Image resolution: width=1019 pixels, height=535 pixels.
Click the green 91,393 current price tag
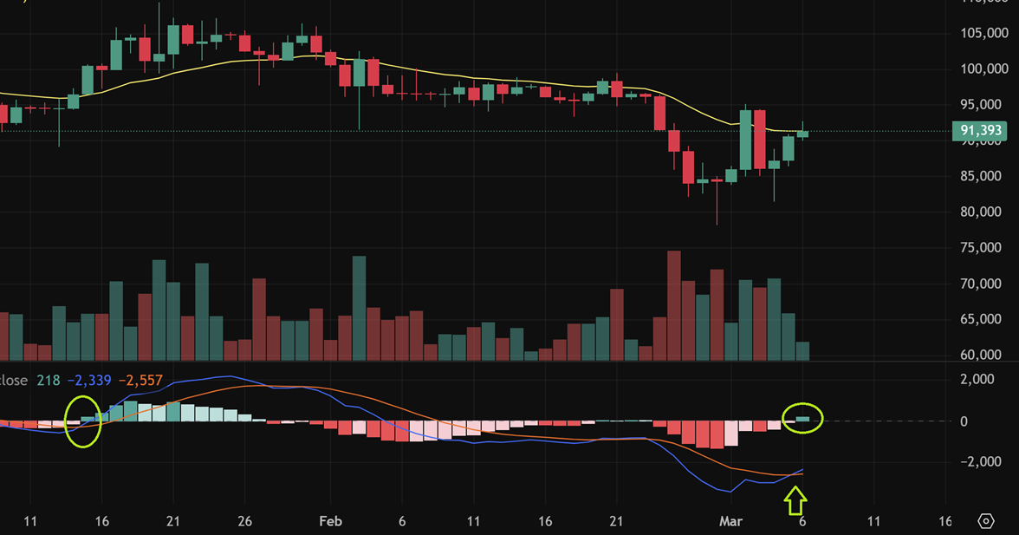(982, 132)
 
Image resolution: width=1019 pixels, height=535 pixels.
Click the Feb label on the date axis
(330, 521)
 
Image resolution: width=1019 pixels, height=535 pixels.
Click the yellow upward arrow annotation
(795, 501)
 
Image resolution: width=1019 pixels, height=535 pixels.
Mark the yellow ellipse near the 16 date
(84, 421)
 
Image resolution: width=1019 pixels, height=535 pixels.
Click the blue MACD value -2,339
(89, 381)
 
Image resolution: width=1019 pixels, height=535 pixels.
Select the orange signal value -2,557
(140, 381)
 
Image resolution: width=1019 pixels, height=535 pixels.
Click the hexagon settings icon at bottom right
(986, 521)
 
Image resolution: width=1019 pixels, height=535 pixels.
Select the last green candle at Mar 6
(802, 134)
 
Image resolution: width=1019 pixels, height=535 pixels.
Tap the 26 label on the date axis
(244, 521)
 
